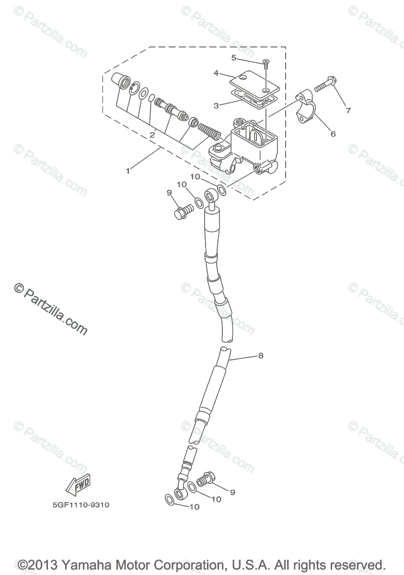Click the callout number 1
(x=128, y=171)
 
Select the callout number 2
(x=152, y=135)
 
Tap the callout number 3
(x=217, y=105)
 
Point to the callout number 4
(x=217, y=73)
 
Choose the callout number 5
(x=234, y=58)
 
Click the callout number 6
(x=333, y=134)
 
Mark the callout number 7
(x=348, y=110)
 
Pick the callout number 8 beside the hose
(x=261, y=356)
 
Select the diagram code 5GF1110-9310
(x=78, y=505)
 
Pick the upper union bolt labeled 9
(x=183, y=211)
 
